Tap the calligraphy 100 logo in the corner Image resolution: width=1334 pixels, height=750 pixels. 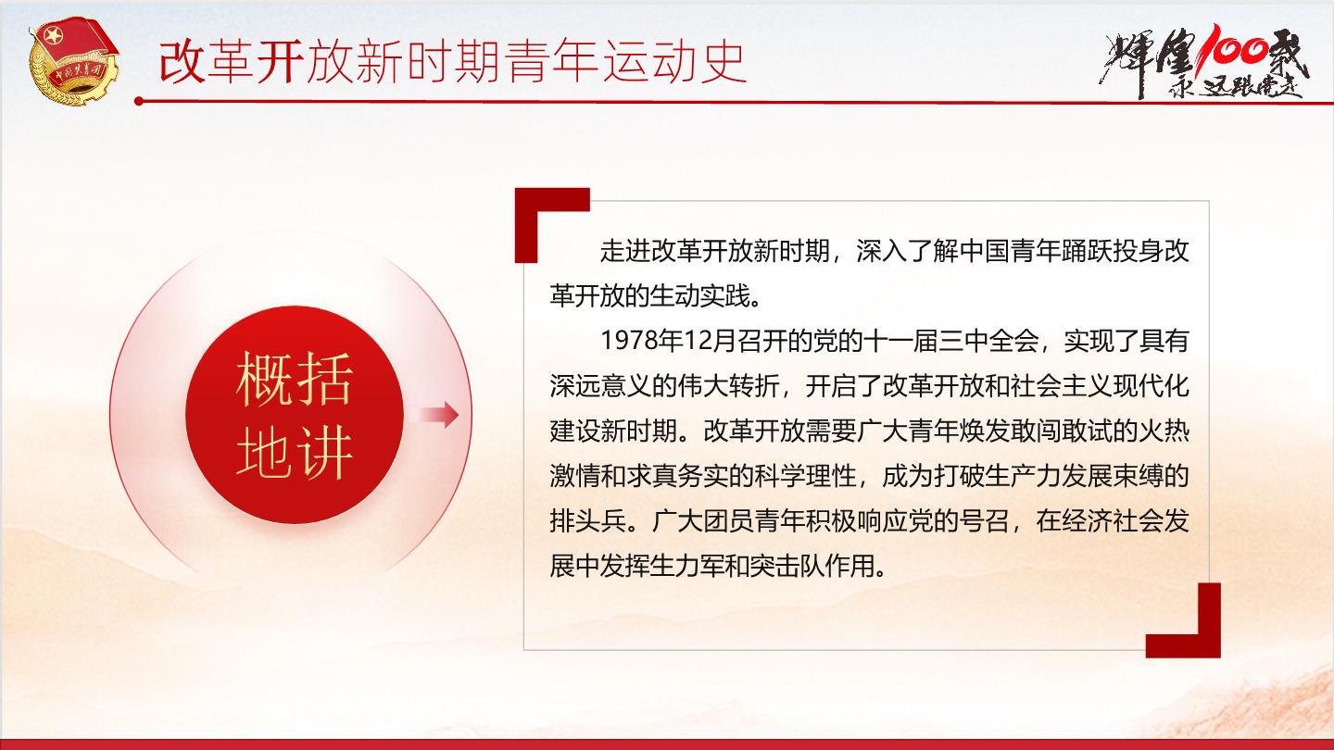pos(1203,62)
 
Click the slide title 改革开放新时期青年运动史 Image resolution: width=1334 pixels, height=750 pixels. pos(453,62)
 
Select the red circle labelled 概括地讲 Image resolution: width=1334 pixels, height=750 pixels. pos(295,415)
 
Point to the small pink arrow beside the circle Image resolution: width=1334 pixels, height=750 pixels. pos(438,414)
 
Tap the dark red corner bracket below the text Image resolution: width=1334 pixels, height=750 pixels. pos(1183,620)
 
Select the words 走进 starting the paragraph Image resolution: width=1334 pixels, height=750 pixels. pos(625,251)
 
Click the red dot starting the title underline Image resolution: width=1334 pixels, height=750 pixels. pos(139,101)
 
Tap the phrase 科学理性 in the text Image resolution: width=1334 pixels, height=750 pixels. pos(805,476)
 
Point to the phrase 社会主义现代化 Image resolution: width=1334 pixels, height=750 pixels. pos(1100,386)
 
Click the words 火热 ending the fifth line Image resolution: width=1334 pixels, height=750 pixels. pos(1164,431)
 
